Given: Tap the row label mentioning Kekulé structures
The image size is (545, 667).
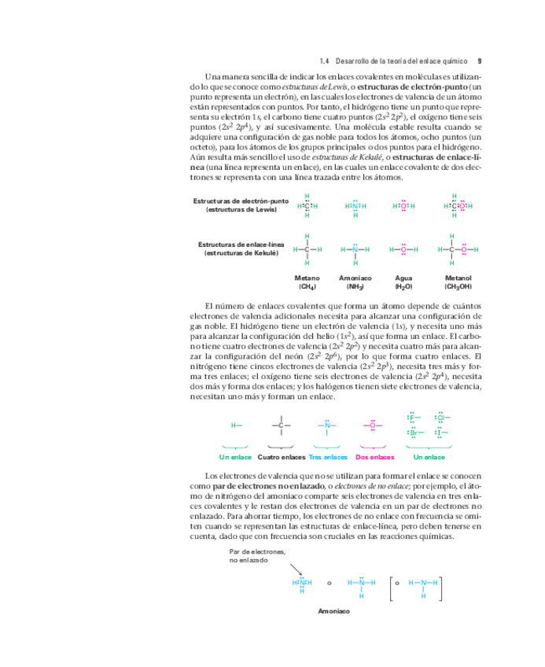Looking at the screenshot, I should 241,249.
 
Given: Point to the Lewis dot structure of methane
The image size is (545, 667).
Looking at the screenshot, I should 307,206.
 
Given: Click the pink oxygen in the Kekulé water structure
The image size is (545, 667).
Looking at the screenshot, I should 403,249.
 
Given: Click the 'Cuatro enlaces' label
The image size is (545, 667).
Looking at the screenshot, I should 281,457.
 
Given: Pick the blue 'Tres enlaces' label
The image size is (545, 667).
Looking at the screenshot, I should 328,457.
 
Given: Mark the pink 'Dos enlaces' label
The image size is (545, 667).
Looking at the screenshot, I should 374,457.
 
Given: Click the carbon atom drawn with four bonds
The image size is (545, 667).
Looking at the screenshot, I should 281,426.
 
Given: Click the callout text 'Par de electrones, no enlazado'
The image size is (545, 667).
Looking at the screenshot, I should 257,555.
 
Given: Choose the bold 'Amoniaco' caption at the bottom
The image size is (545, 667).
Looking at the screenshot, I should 333,611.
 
